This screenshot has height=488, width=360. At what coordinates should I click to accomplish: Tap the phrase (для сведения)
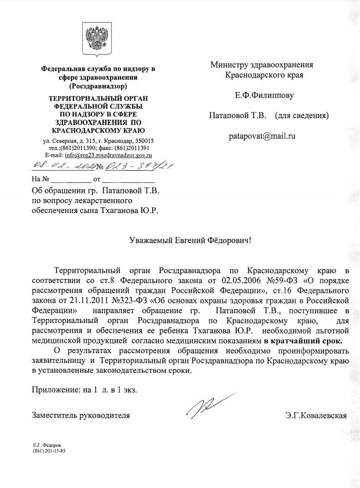[x=301, y=116]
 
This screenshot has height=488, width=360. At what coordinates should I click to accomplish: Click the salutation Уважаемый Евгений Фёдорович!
[x=190, y=239]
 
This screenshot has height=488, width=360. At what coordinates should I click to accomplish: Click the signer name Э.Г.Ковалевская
[x=315, y=416]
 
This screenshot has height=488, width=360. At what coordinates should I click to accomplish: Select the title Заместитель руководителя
[x=80, y=416]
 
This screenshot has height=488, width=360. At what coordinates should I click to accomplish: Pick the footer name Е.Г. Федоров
[x=49, y=445]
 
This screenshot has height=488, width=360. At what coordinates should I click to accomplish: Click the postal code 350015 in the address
[x=144, y=141]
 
